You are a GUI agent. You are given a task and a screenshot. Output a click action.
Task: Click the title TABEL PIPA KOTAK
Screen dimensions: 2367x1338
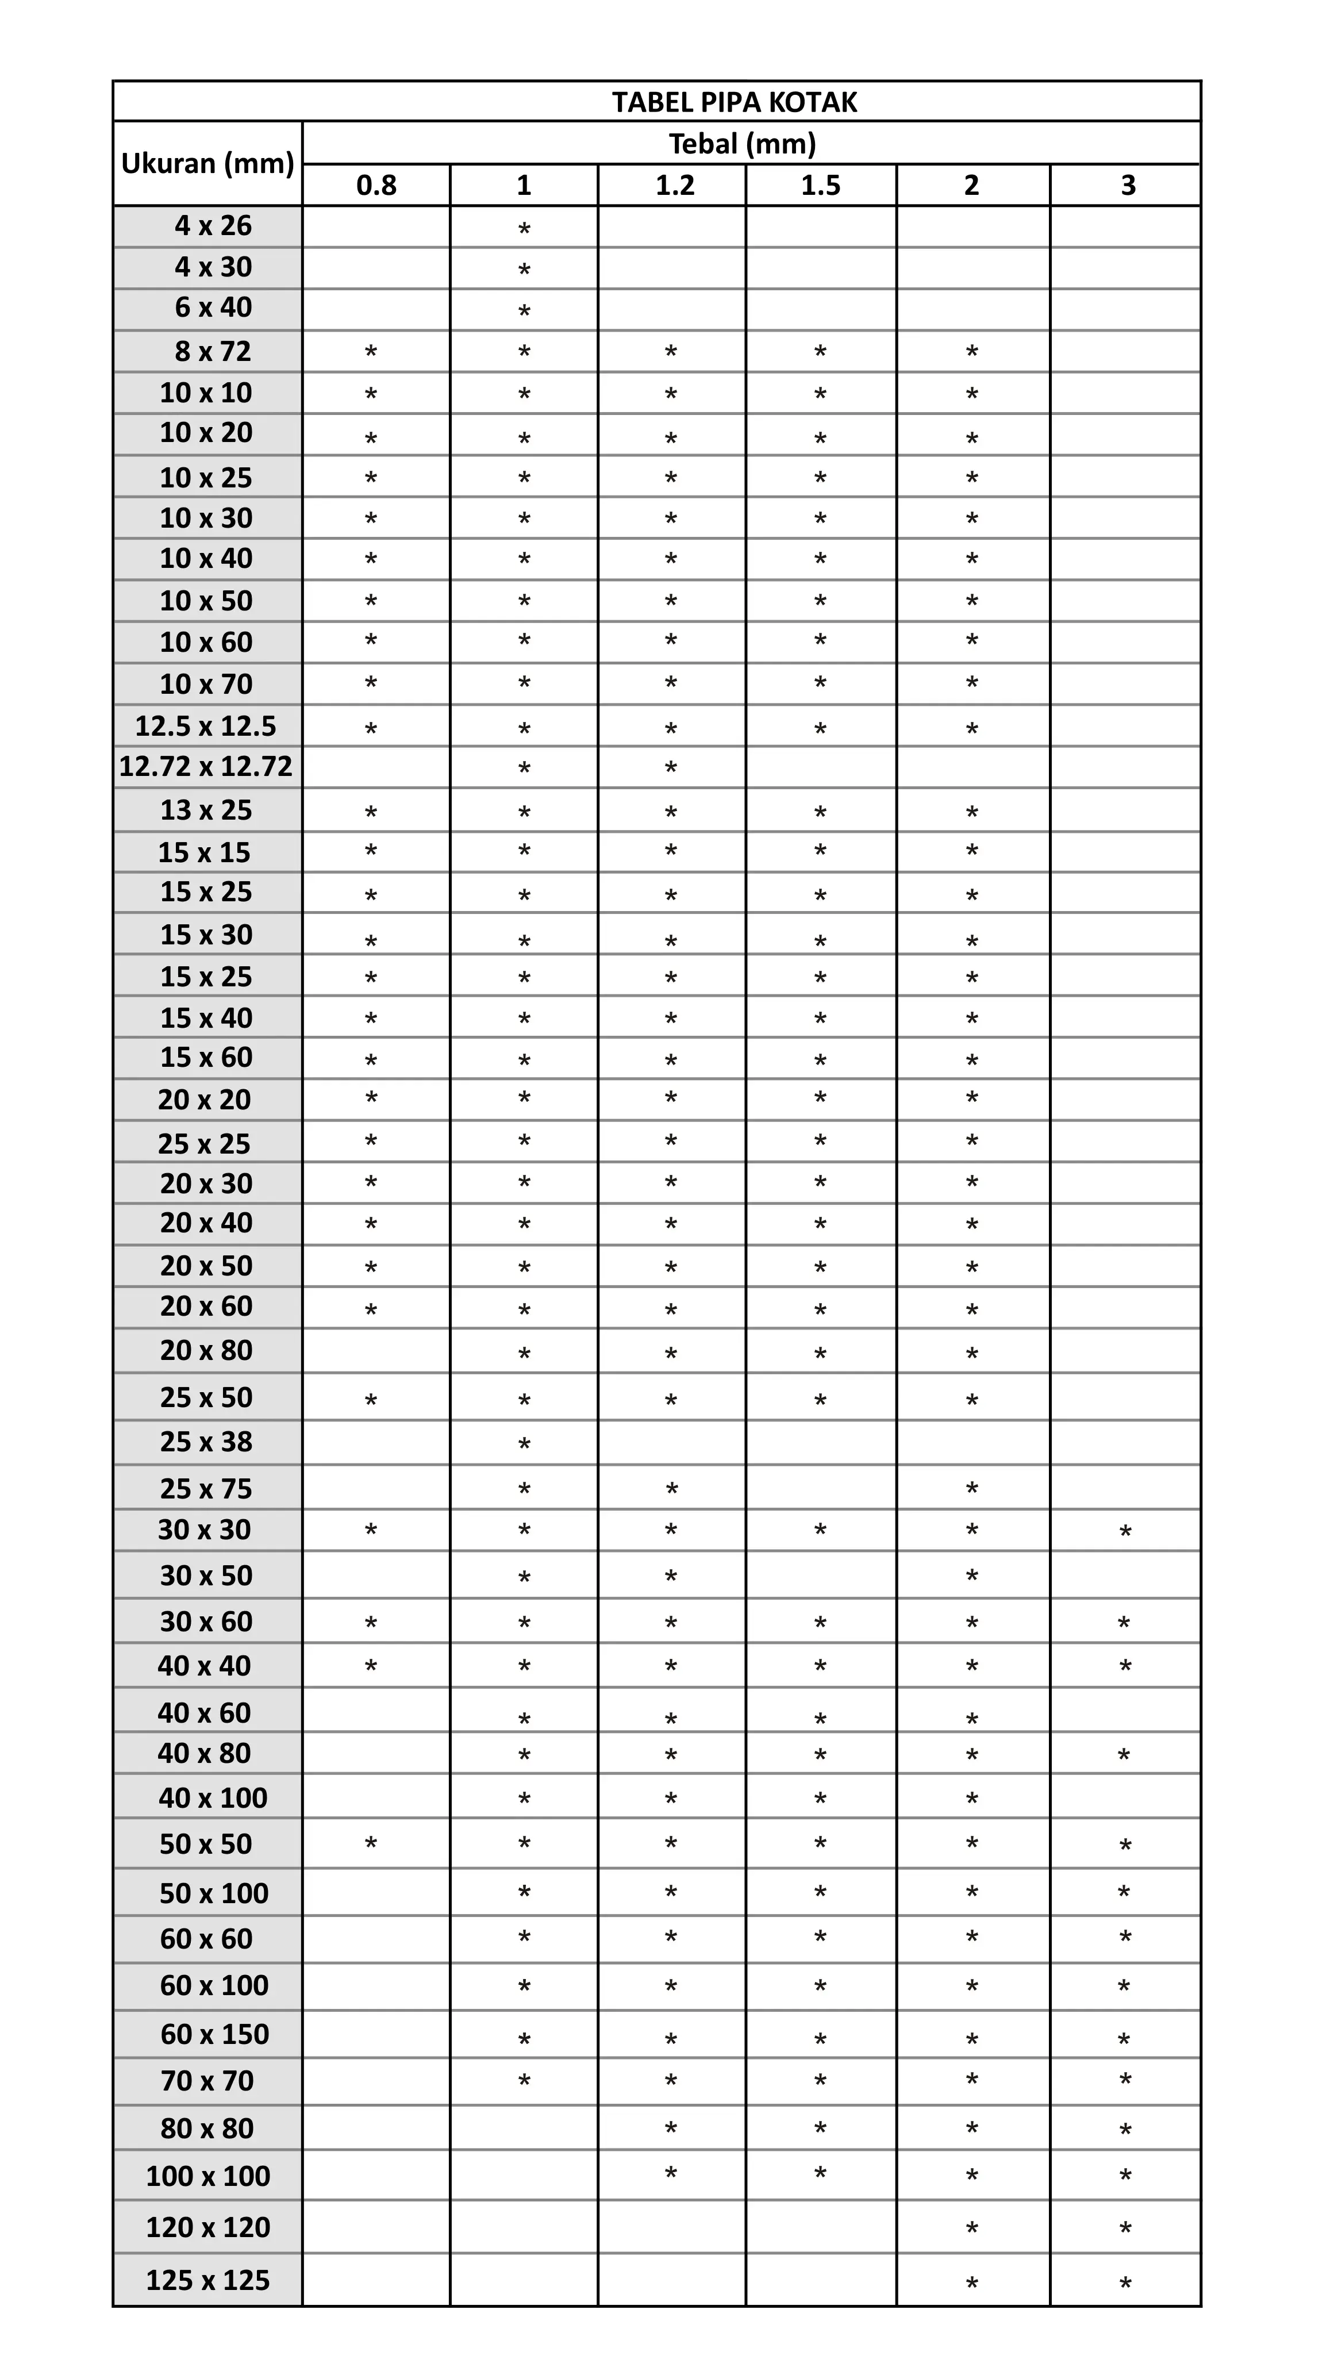pyautogui.click(x=735, y=102)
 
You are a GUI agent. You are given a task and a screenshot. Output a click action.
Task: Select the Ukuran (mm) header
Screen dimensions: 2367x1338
pyautogui.click(x=207, y=164)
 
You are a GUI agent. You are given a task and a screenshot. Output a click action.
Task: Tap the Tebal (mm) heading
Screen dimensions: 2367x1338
pyautogui.click(x=743, y=143)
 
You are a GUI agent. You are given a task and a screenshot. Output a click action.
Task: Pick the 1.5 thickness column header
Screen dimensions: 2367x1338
pyautogui.click(x=821, y=186)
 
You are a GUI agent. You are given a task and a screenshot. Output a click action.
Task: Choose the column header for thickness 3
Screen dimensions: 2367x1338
pyautogui.click(x=1128, y=186)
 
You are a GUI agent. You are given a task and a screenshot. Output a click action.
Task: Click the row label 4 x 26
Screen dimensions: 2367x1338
pyautogui.click(x=213, y=226)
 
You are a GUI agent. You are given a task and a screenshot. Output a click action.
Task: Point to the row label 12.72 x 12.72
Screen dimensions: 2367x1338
pyautogui.click(x=206, y=766)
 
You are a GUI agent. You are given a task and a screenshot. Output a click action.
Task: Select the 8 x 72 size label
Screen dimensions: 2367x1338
pyautogui.click(x=213, y=351)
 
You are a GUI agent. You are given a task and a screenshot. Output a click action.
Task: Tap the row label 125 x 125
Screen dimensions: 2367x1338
pyautogui.click(x=207, y=2280)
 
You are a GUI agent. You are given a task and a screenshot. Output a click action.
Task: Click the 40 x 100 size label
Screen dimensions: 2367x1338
pyautogui.click(x=213, y=1797)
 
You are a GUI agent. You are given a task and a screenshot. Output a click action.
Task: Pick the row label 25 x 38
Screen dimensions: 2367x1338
pyautogui.click(x=206, y=1442)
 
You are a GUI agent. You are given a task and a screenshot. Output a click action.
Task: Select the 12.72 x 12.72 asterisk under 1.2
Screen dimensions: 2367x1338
pyautogui.click(x=671, y=768)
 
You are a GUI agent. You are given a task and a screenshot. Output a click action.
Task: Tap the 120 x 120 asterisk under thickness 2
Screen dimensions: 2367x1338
pyautogui.click(x=971, y=2228)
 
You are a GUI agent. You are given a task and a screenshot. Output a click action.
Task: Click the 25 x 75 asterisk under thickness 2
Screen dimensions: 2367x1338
pyautogui.click(x=971, y=1489)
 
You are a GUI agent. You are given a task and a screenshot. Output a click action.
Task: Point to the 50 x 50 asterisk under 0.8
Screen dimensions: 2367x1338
pyautogui.click(x=370, y=1844)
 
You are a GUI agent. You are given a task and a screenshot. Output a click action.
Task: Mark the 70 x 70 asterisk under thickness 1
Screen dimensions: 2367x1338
pyautogui.click(x=524, y=2081)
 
